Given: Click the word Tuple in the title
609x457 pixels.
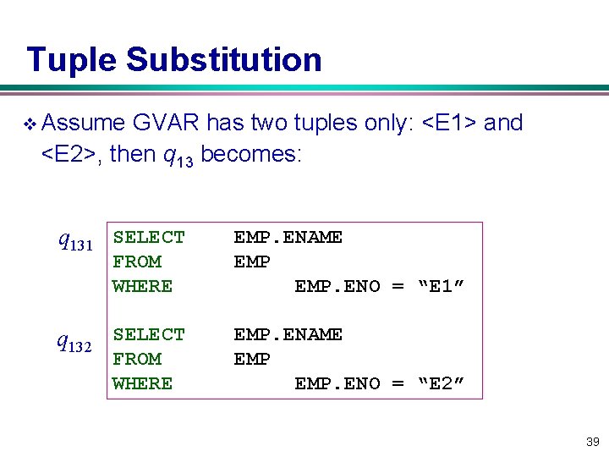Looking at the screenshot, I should click(72, 60).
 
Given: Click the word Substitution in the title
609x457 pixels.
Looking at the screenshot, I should click(223, 60).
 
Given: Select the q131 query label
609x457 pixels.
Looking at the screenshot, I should click(75, 242).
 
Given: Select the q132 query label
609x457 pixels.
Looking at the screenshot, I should click(75, 342).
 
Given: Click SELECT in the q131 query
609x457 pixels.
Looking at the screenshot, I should click(148, 237).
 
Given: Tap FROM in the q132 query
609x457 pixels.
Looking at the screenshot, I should click(136, 359).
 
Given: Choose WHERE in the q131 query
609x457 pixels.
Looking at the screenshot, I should click(142, 286).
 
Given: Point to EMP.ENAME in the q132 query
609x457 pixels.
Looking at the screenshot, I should click(288, 334).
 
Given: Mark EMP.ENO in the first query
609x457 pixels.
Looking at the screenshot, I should click(337, 286).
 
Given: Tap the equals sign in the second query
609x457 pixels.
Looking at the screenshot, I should click(398, 383).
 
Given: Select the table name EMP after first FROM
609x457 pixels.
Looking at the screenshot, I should click(251, 262).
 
